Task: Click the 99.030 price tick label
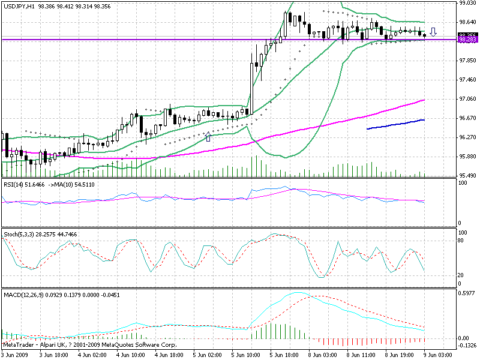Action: point(467,3)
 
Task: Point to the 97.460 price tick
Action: point(467,79)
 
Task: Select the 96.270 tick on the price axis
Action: point(467,137)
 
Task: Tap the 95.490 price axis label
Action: point(467,175)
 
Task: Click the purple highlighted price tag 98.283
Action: point(467,40)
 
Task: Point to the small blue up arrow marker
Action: point(208,137)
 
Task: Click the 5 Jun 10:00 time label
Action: point(240,355)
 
